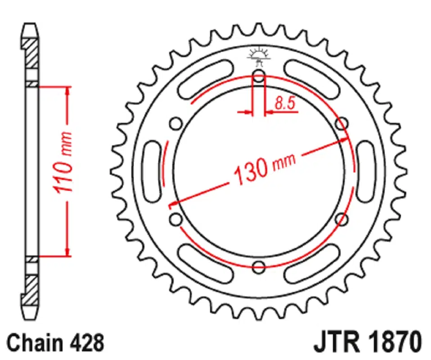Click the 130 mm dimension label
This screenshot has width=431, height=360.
point(265,168)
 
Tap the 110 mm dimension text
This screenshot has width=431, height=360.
point(63,163)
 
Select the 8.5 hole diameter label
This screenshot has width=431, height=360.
point(285,103)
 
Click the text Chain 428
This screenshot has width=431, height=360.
point(55,342)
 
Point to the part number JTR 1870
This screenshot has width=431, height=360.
point(368,342)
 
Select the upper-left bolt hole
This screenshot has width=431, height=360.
point(176,124)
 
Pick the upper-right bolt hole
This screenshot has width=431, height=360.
point(341,124)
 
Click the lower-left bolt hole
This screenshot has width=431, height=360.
point(176,220)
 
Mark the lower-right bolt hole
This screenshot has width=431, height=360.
point(341,220)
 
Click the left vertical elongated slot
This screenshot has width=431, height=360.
point(152,171)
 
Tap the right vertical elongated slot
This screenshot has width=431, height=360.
point(365,171)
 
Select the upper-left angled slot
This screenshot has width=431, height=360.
point(206,79)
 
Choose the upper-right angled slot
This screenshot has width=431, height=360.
point(312,79)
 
